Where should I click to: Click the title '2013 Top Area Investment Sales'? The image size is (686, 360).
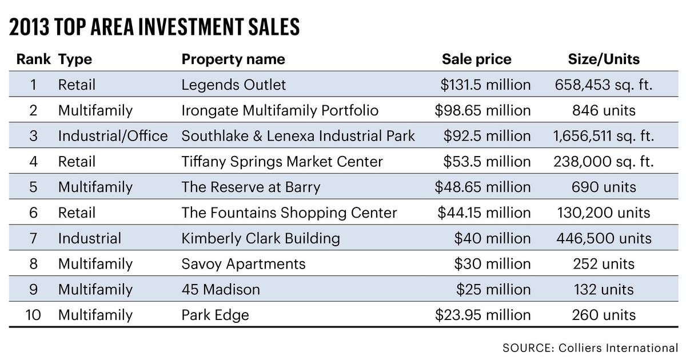tap(154, 27)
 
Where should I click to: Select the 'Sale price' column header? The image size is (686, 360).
tap(476, 59)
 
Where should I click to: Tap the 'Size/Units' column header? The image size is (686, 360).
tap(603, 59)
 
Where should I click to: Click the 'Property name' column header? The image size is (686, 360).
tap(233, 59)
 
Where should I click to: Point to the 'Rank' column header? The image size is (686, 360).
tap(33, 59)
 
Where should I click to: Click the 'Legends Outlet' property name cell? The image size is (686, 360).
tap(233, 85)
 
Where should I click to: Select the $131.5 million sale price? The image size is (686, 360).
tap(485, 85)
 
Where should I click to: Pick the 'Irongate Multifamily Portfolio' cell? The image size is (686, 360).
tap(280, 110)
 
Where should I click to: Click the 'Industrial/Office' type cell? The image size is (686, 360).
tap(113, 136)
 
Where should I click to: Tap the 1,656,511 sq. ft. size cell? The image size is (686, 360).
tap(603, 136)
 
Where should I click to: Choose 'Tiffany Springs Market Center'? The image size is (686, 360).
tap(282, 162)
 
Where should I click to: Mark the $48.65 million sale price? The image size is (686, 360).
tap(482, 187)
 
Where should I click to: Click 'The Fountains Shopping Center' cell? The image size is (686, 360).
tap(289, 213)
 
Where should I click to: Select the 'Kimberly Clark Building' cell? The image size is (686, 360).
tap(260, 238)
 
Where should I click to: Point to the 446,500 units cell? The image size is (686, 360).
tap(603, 238)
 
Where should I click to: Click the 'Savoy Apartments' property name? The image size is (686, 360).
tap(243, 264)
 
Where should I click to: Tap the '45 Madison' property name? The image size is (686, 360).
tap(220, 290)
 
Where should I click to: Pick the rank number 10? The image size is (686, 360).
tap(33, 315)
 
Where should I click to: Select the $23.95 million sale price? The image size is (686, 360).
tap(482, 315)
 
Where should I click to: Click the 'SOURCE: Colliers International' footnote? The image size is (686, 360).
tap(590, 347)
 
